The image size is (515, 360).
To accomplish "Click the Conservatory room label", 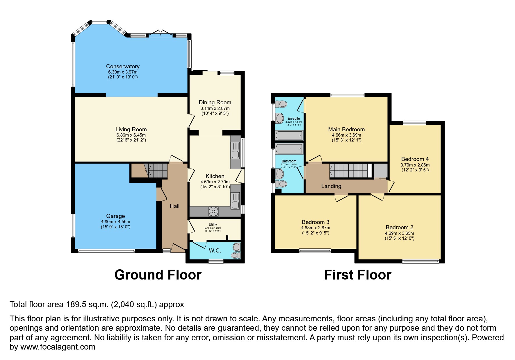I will [x=123, y=67].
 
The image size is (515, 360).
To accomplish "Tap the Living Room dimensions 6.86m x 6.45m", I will [x=131, y=135].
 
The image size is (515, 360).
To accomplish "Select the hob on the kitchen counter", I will [x=213, y=211].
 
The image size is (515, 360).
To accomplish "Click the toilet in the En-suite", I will [x=281, y=104].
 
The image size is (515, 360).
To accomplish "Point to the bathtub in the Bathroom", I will [x=289, y=149].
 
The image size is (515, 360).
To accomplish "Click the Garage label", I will [x=115, y=216].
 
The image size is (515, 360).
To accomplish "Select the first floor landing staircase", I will [x=349, y=171].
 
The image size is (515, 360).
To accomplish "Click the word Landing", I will [x=331, y=186].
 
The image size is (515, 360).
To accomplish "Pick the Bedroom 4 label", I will [x=415, y=159].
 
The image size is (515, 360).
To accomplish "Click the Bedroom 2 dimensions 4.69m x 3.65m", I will [x=399, y=233].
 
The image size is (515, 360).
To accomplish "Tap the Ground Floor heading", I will [x=158, y=275].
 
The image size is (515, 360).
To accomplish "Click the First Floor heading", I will [x=357, y=275].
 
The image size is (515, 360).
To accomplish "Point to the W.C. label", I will [x=215, y=250].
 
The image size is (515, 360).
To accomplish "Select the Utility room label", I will [x=213, y=225].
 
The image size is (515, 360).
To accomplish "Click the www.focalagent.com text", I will [x=58, y=347].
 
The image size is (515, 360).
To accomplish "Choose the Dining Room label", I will [x=215, y=102].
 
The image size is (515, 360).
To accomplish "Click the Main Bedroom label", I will [x=346, y=129].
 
